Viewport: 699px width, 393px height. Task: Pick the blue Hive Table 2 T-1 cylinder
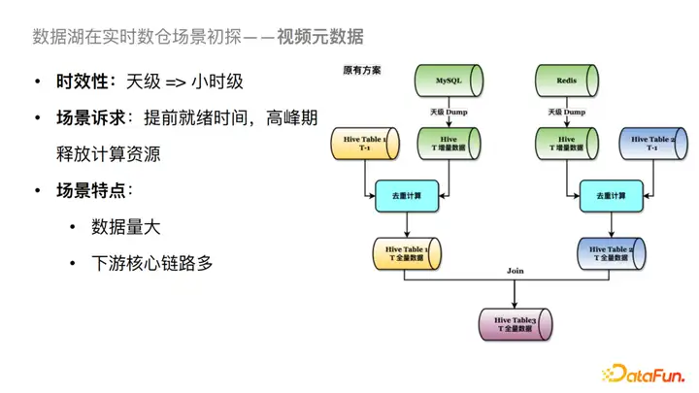tap(648, 145)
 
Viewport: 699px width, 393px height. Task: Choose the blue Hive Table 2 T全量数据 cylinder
tap(608, 255)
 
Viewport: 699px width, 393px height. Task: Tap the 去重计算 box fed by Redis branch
tap(607, 196)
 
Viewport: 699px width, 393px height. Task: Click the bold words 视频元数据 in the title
tap(319, 38)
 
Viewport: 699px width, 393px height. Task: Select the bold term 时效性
tap(82, 82)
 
